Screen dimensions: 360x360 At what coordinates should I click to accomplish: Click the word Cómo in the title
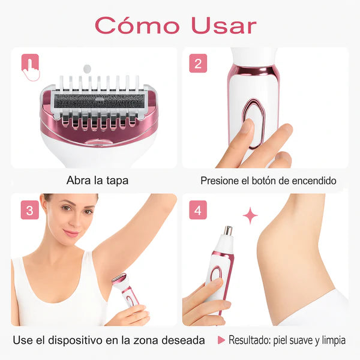coord(137,25)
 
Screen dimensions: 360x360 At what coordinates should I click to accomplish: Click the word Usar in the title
coord(223,25)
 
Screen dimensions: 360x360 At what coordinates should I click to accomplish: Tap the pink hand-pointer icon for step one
coord(30,67)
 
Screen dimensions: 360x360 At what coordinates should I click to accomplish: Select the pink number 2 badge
coord(198,63)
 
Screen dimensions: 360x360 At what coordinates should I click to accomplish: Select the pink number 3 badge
coord(29,211)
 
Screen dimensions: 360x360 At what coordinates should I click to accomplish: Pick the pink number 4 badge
coord(198,211)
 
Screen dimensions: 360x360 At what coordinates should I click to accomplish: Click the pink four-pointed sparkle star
coord(250,215)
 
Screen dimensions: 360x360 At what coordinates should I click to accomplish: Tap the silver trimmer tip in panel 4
coord(227,230)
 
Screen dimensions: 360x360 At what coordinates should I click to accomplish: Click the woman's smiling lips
coord(71,233)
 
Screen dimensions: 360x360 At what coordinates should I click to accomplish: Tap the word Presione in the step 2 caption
coord(220,181)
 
